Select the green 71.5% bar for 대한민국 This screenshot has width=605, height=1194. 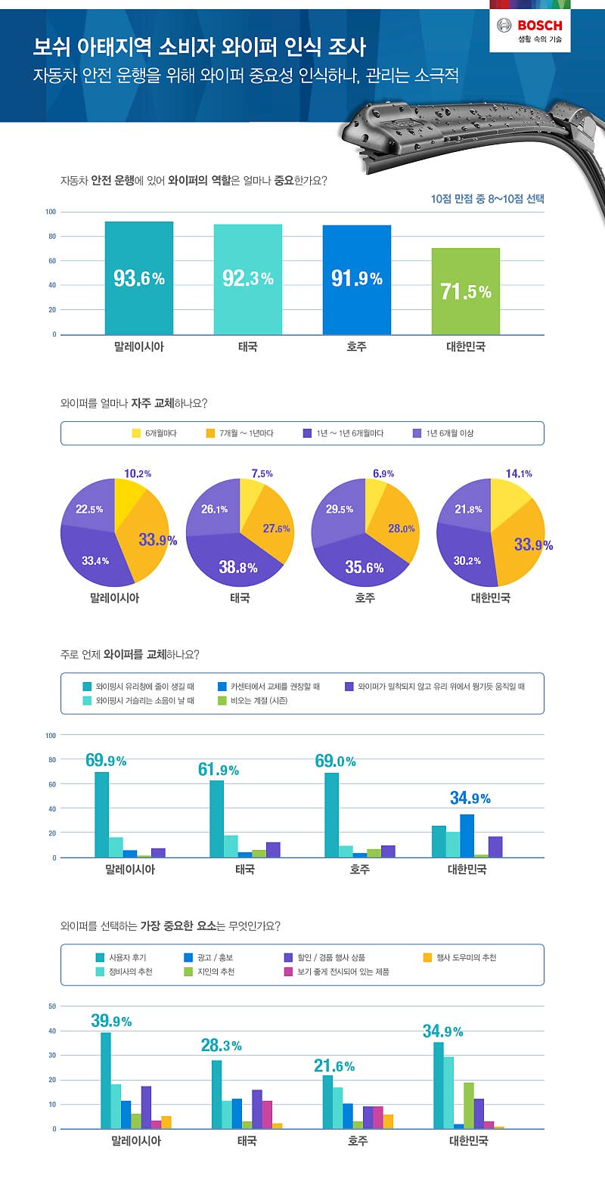(x=466, y=291)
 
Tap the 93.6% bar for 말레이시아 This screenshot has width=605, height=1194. (x=138, y=278)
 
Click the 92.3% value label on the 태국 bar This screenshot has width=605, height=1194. (x=247, y=278)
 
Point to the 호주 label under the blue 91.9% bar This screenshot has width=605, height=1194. (x=356, y=347)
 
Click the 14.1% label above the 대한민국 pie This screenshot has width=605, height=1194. (x=519, y=473)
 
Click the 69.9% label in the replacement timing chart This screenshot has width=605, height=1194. (x=105, y=761)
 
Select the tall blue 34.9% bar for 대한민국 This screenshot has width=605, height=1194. (x=467, y=836)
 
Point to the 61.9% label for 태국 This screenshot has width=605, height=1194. (x=218, y=770)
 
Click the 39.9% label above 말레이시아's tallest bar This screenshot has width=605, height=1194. (x=111, y=1021)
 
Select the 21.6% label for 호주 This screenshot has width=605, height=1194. (x=334, y=1066)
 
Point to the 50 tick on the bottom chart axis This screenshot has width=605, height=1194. (x=52, y=1006)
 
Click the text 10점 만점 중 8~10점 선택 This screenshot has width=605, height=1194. (x=487, y=199)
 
